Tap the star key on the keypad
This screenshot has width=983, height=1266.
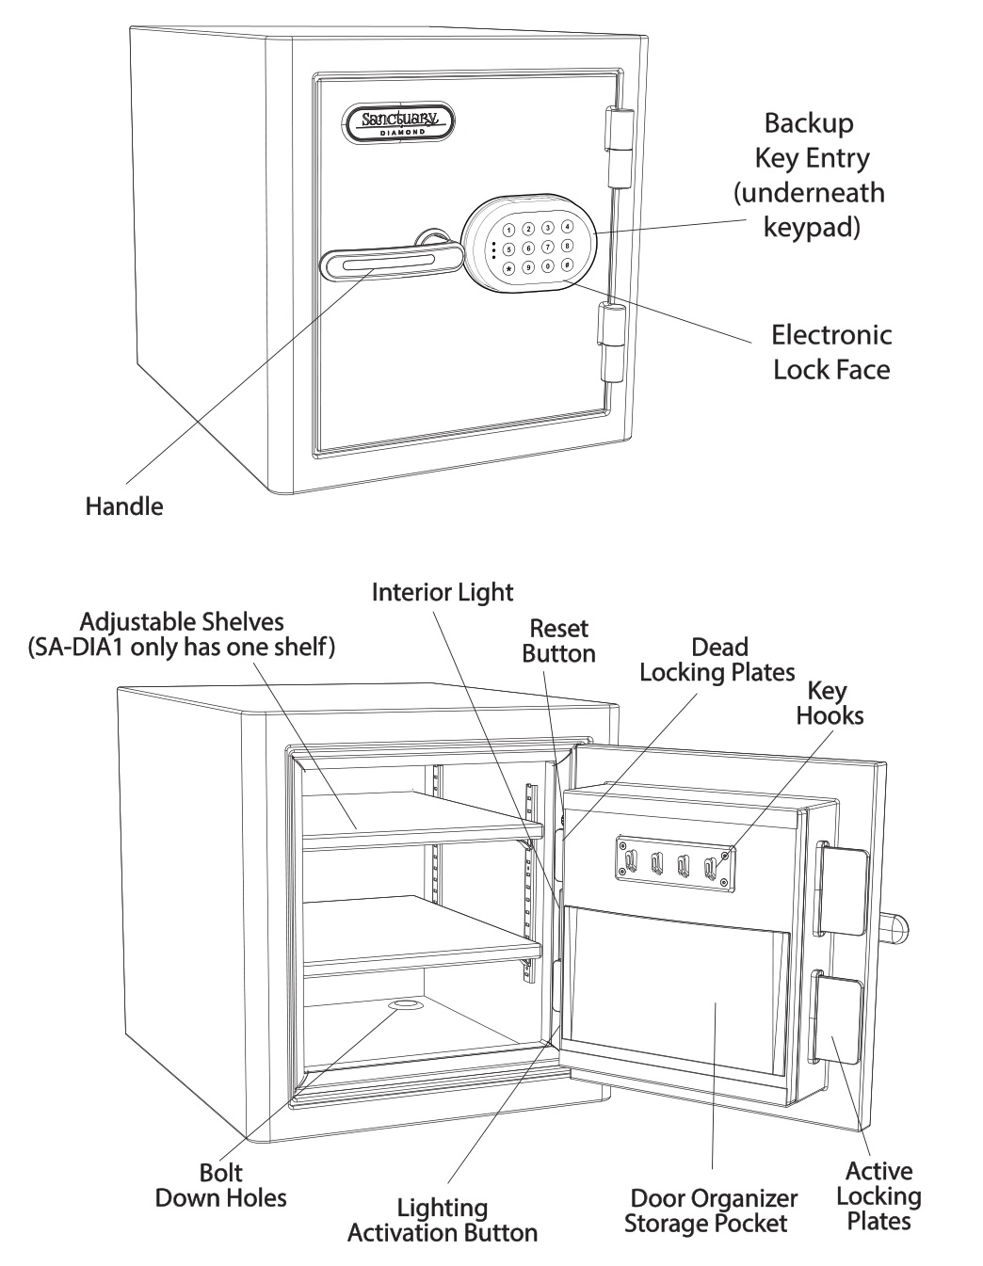[x=509, y=268]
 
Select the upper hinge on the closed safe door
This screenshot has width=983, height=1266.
[x=617, y=147]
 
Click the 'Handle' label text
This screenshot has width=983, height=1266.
[x=123, y=506]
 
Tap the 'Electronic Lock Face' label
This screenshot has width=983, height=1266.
[x=831, y=352]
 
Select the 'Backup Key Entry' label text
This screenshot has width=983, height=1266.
[x=810, y=175]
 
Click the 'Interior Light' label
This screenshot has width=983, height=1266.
[x=443, y=592]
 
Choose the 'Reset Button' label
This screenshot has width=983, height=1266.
[x=558, y=641]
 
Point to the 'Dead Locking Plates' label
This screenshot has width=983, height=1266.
[x=717, y=660]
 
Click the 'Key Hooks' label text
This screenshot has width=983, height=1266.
[x=829, y=703]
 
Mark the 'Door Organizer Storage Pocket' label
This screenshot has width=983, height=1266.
[x=713, y=1210]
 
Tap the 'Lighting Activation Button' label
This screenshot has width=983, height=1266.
[x=442, y=1220]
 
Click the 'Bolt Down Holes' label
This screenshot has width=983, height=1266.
[x=220, y=1185]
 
